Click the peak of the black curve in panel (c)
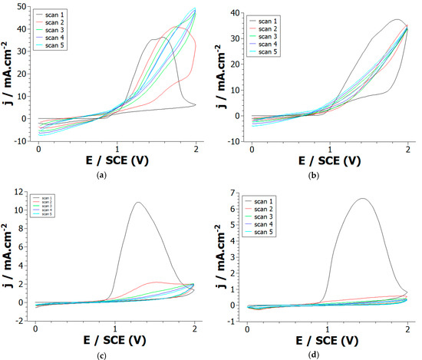click(x=137, y=203)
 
